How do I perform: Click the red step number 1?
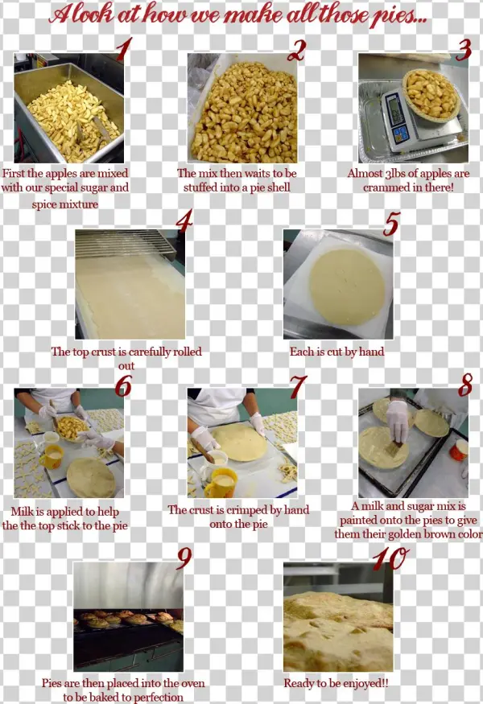pos(122,50)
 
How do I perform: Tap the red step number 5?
pos(390,224)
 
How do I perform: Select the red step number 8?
pos(464,386)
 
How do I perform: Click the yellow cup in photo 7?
pos(220,483)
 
